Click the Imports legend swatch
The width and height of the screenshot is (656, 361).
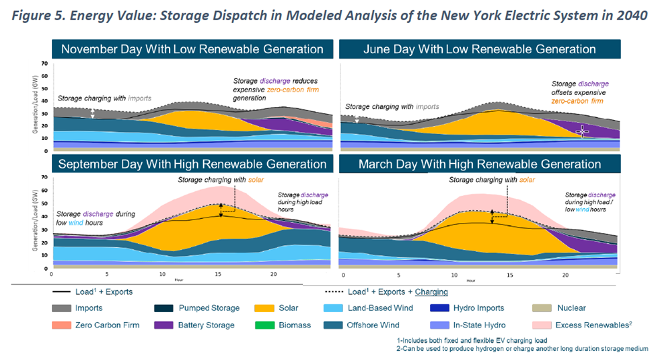coord(63,308)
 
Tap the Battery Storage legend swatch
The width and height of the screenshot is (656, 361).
coord(166,325)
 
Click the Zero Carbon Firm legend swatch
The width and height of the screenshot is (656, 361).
coord(63,325)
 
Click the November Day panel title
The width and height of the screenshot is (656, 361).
coord(192,49)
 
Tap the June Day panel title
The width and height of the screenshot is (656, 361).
coord(479,49)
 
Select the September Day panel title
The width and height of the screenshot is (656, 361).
coord(192,164)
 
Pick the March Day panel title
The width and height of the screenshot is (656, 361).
coord(479,164)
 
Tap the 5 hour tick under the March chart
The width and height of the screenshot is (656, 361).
coord(399,274)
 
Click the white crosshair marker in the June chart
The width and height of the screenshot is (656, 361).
coord(583,131)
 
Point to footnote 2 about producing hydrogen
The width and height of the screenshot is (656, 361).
coord(522,348)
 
